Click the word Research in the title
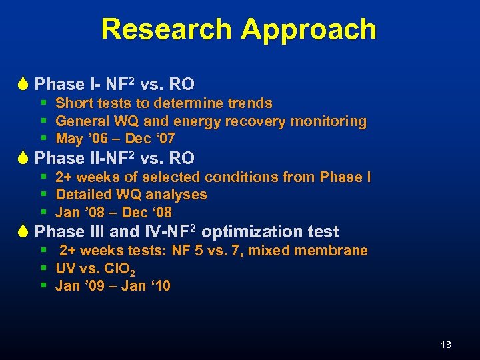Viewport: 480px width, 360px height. pos(167,29)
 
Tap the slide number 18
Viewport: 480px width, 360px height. pos(446,345)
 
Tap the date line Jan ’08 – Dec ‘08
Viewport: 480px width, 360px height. pos(113,213)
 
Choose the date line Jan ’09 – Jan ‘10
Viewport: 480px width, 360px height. pos(113,286)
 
